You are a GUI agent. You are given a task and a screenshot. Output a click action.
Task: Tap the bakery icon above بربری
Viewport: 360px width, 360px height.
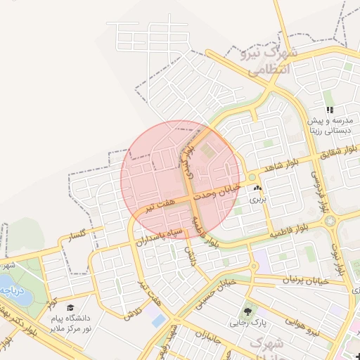[257, 188]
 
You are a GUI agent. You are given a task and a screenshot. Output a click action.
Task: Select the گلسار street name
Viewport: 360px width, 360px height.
[74, 235]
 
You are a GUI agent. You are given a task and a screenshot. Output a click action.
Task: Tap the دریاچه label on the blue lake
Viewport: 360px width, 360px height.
[13, 289]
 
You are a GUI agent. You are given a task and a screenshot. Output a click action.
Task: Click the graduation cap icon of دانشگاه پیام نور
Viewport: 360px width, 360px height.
[70, 307]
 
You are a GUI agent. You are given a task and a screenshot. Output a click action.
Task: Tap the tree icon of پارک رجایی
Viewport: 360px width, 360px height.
[247, 311]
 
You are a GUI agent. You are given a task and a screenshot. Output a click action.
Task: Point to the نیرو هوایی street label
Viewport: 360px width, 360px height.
[302, 326]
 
